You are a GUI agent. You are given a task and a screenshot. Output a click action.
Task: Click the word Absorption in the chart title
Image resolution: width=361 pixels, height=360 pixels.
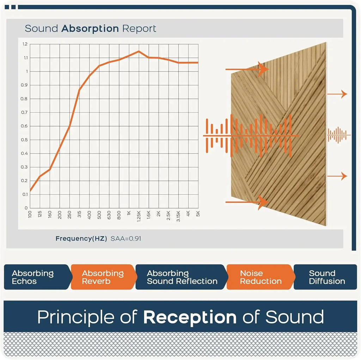tap(90, 29)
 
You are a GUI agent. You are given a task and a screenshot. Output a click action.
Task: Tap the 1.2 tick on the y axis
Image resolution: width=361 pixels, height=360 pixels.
tap(25, 44)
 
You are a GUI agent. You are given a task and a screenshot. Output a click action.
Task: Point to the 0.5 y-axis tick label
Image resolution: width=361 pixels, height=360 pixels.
tap(25, 140)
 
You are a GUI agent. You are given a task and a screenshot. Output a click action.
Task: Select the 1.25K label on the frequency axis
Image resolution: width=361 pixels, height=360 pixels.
tap(139, 215)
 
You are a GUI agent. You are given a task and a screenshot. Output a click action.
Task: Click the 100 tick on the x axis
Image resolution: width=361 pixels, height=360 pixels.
tap(30, 213)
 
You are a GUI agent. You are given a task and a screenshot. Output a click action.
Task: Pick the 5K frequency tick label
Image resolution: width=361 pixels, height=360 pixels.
tap(198, 213)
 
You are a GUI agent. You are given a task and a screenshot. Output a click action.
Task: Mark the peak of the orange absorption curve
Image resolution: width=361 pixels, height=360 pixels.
tap(139, 51)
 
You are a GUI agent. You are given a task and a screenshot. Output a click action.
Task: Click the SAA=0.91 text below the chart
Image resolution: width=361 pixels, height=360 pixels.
tap(126, 238)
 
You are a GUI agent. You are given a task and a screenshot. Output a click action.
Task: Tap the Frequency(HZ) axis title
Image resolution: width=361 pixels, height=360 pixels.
tap(81, 238)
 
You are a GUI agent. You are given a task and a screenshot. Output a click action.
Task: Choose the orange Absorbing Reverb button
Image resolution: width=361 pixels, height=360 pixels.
tap(103, 277)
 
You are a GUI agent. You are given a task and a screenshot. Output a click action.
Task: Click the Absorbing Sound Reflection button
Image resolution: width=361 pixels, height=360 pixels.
tap(182, 277)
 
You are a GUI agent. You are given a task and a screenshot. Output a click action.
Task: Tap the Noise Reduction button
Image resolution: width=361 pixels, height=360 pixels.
tap(261, 277)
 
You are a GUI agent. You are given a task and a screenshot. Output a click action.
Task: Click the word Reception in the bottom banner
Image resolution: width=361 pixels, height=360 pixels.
tap(190, 317)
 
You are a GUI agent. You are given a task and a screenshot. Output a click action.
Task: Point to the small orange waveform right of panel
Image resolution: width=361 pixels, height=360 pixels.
tap(338, 135)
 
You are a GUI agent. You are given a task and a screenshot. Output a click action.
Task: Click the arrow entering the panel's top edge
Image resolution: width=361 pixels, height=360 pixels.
tap(247, 69)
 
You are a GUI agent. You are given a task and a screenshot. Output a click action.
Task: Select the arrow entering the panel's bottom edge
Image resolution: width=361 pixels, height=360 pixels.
tap(247, 202)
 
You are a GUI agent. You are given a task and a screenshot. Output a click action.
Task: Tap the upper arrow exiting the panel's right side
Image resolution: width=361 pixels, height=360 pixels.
tap(337, 94)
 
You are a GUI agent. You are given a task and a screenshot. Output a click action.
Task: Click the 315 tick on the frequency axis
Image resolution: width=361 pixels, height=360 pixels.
tap(79, 213)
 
